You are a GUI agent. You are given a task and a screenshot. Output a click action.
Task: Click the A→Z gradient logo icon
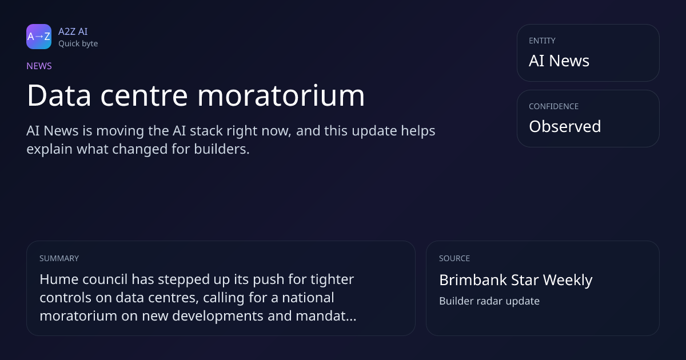pyautogui.click(x=39, y=37)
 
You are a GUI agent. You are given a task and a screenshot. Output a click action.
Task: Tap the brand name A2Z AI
pyautogui.click(x=73, y=31)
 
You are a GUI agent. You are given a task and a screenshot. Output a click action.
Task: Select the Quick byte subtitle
pyautogui.click(x=78, y=44)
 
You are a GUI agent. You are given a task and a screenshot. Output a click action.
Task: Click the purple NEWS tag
pyautogui.click(x=39, y=66)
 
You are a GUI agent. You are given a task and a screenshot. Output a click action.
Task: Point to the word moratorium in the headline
pyautogui.click(x=281, y=95)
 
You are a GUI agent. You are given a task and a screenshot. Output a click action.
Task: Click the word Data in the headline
pyautogui.click(x=59, y=95)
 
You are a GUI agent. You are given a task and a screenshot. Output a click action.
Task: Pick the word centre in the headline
pyautogui.click(x=144, y=97)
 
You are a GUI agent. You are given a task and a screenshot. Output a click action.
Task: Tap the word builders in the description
pyautogui.click(x=222, y=149)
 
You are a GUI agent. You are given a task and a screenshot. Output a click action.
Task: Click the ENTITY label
pyautogui.click(x=542, y=41)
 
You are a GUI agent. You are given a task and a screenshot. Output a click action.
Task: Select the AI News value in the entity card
pyautogui.click(x=559, y=61)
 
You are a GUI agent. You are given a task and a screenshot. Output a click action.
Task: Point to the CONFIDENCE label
pyautogui.click(x=554, y=106)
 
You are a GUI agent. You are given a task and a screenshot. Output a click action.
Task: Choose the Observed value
pyautogui.click(x=565, y=126)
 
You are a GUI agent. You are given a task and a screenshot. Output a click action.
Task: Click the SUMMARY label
pyautogui.click(x=59, y=258)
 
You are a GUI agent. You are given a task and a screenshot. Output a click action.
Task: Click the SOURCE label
pyautogui.click(x=454, y=258)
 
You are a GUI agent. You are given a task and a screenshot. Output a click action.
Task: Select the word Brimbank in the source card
pyautogui.click(x=473, y=280)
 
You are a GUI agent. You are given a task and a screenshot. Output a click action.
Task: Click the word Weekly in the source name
pyautogui.click(x=568, y=281)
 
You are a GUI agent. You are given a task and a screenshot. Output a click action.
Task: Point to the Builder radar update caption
pyautogui.click(x=489, y=301)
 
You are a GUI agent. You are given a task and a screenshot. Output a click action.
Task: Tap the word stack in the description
pyautogui.click(x=206, y=131)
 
